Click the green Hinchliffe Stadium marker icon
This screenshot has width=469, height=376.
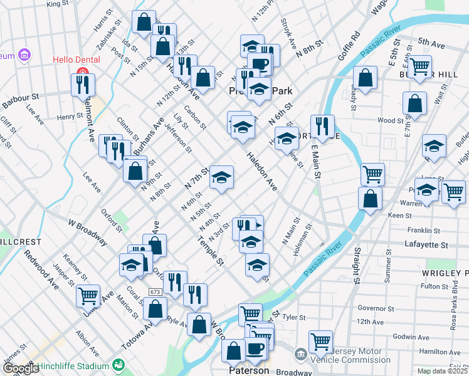tap(119, 365)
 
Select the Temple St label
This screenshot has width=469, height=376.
tap(210, 250)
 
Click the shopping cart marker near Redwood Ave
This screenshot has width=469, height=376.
tap(88, 295)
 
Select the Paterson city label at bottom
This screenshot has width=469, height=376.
tap(247, 370)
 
